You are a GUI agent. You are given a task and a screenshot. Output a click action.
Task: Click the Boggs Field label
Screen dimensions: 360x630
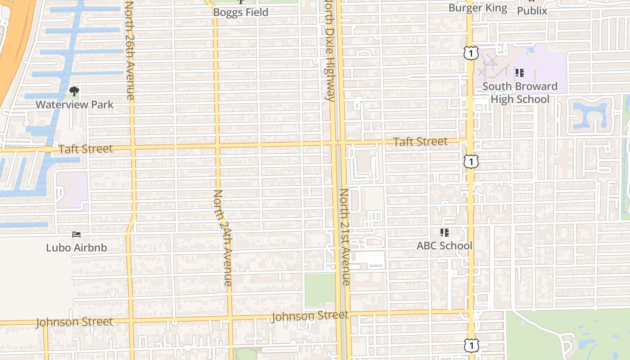pyautogui.click(x=240, y=12)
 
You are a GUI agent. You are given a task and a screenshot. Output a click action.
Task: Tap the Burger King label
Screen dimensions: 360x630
pyautogui.click(x=478, y=8)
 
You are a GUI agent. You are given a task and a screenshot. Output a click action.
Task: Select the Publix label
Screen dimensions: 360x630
pyautogui.click(x=532, y=10)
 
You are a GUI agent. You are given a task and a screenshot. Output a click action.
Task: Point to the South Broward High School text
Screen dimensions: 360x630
pyautogui.click(x=520, y=93)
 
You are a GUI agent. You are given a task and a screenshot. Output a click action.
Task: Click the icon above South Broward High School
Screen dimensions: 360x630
pyautogui.click(x=520, y=72)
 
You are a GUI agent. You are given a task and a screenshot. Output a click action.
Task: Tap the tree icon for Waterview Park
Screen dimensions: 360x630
pyautogui.click(x=74, y=92)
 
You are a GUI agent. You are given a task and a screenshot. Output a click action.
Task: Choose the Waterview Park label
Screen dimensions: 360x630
pyautogui.click(x=75, y=105)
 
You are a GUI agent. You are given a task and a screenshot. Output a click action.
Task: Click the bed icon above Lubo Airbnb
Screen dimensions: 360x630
pyautogui.click(x=76, y=234)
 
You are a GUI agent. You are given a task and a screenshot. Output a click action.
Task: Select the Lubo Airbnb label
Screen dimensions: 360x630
pyautogui.click(x=76, y=247)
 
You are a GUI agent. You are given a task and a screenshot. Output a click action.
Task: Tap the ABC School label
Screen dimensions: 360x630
pyautogui.click(x=445, y=246)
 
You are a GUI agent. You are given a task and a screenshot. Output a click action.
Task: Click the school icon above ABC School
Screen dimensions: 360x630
pyautogui.click(x=445, y=233)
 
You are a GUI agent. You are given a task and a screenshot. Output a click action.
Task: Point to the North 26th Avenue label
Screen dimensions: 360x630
pyautogui.click(x=130, y=49)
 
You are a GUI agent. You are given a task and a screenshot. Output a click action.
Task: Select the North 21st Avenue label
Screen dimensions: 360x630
pyautogui.click(x=345, y=236)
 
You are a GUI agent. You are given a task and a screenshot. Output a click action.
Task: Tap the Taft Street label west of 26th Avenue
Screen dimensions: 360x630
pyautogui.click(x=85, y=149)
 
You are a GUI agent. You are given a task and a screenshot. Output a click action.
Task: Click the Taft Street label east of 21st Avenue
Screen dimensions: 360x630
pyautogui.click(x=420, y=142)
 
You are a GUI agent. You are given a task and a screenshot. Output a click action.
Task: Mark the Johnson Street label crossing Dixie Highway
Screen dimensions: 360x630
pyautogui.click(x=310, y=316)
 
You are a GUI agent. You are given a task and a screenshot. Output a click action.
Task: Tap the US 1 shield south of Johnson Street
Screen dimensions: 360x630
pyautogui.click(x=471, y=346)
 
